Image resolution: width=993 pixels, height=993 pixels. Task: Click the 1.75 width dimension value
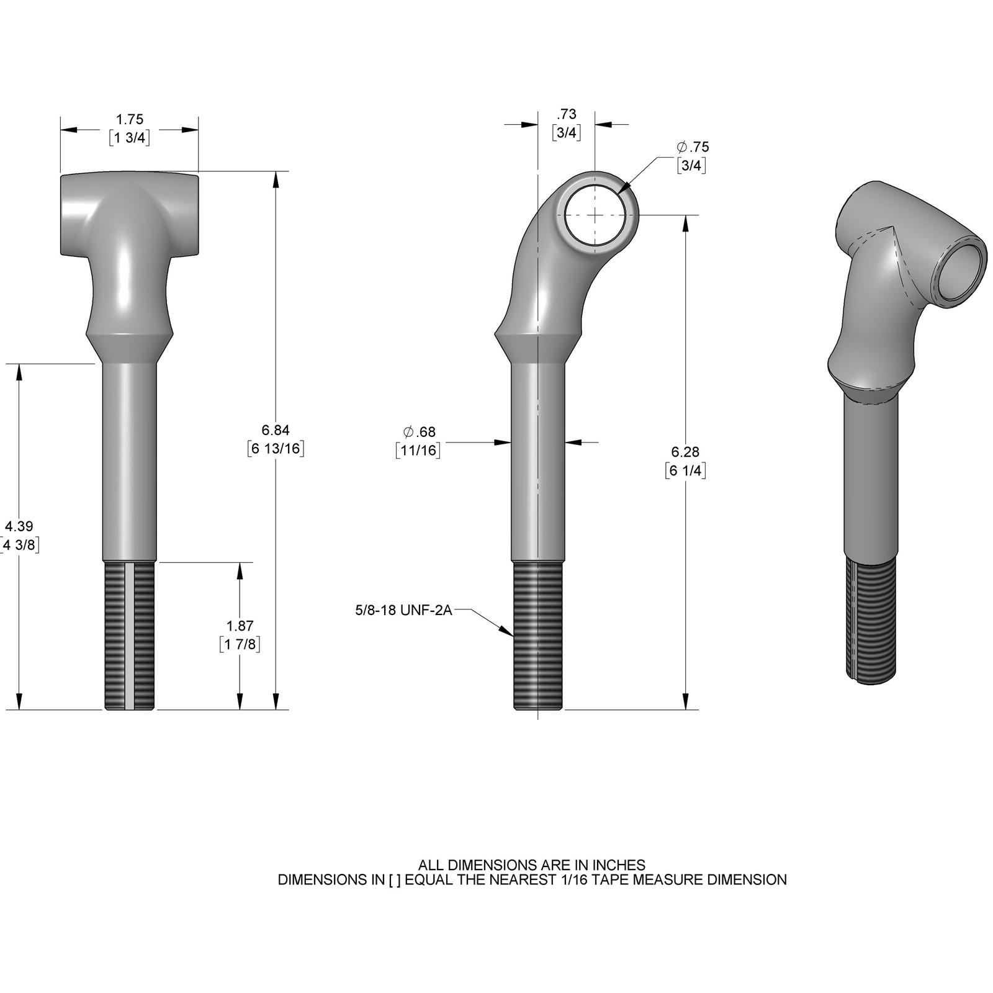130,120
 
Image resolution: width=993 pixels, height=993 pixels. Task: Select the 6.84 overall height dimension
276,430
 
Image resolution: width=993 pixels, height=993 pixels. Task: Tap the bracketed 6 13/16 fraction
276,449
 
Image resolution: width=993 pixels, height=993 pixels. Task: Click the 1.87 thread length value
240,626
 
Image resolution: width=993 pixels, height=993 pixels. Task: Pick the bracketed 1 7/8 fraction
240,644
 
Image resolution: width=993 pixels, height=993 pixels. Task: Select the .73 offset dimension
567,114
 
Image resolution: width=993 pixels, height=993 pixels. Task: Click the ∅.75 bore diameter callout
693,147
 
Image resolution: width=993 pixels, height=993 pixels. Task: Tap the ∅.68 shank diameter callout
419,432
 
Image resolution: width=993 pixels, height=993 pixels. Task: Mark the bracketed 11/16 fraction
418,450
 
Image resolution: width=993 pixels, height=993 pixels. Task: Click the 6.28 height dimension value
685,452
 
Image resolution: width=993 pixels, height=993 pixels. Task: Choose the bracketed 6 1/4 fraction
685,470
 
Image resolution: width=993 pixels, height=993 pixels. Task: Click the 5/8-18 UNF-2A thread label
403,611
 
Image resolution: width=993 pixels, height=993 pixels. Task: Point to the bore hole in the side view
595,214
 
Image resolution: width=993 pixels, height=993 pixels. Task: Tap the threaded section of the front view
130,636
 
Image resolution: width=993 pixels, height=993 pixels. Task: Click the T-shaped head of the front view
130,214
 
